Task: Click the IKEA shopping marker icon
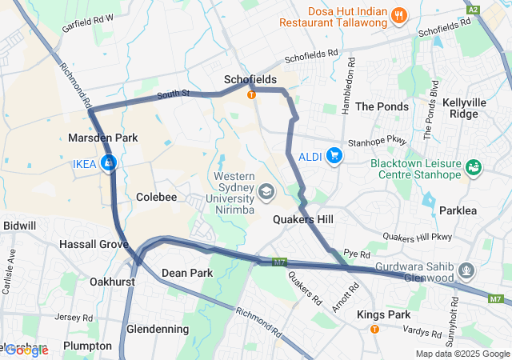click(x=109, y=164)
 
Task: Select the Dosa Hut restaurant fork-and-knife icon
click(x=398, y=15)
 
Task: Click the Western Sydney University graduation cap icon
click(x=265, y=191)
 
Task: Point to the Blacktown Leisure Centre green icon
click(x=474, y=167)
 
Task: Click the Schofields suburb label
click(x=250, y=79)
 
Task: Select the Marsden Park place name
click(x=102, y=138)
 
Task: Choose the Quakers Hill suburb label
click(x=303, y=219)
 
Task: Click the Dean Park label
click(x=187, y=273)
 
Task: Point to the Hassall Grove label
click(x=94, y=243)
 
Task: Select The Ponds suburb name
click(x=382, y=106)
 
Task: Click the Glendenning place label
click(x=158, y=329)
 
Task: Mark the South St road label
click(x=172, y=94)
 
